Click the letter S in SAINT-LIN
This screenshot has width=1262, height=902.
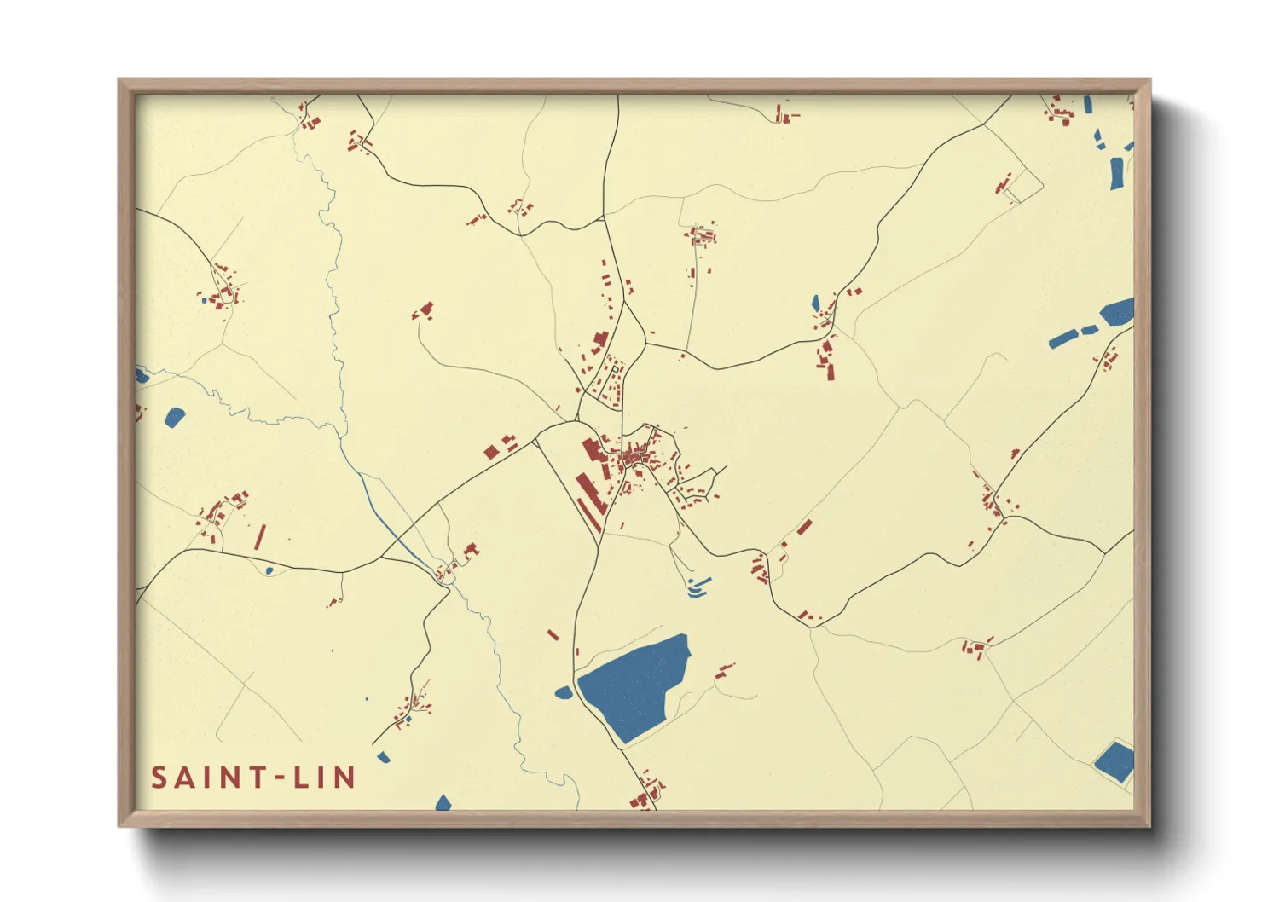point(159,778)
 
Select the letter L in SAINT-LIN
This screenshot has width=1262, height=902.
point(301,778)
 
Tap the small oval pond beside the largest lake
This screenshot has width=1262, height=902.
point(564,692)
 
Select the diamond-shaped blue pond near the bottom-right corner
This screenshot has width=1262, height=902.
point(1114,761)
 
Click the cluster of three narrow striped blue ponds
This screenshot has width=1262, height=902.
point(698,587)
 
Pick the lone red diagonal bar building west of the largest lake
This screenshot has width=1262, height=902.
point(553,635)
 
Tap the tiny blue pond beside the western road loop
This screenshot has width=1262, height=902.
point(269,570)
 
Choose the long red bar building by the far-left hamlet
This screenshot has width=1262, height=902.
point(259,537)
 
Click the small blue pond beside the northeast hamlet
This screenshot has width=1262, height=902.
point(815,303)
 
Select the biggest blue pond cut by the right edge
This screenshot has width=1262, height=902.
point(1117,312)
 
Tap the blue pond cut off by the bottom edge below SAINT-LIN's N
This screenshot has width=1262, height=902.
point(443,803)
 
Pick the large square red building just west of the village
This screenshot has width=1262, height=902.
point(491,452)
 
